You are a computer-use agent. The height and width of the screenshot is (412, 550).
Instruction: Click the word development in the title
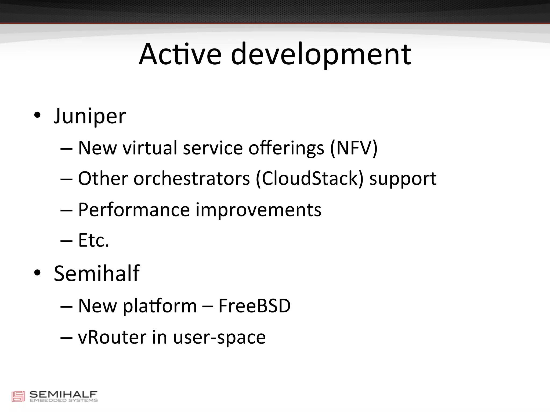pos(321,54)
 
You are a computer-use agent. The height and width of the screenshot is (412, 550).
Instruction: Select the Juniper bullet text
pos(90,116)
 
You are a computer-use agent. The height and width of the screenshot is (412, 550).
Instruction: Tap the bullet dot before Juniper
pos(37,115)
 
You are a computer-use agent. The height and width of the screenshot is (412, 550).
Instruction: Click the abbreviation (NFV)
pos(354,148)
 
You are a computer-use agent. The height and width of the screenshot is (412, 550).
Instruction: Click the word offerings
pos(286,148)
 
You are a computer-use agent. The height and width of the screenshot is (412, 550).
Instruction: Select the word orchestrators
pos(191,179)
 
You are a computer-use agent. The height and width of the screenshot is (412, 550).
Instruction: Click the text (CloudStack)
pos(309,179)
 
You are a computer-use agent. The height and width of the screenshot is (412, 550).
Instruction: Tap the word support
pos(403,179)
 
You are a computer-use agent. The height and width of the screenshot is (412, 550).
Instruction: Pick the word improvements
pos(258,210)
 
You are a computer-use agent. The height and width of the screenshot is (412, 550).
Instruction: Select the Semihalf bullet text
pos(97,273)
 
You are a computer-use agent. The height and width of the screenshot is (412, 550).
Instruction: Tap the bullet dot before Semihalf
pos(37,273)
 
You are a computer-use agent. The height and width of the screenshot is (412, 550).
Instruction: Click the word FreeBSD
pos(254,306)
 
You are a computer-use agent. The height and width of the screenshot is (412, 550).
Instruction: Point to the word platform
pos(160,306)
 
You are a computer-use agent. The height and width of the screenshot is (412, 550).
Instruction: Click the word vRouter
pos(112,337)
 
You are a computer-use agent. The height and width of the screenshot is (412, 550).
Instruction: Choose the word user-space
pos(219,337)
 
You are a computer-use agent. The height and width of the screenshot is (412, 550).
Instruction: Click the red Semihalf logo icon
pos(18,396)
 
